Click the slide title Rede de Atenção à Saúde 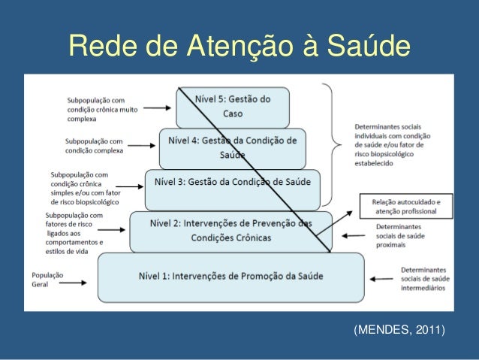coord(239,47)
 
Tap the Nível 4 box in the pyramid coord(233,147)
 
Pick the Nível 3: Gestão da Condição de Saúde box coord(232,189)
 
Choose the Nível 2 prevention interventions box coord(231,231)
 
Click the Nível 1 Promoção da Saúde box coord(231,276)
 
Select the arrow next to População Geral coord(82,276)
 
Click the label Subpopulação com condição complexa coord(94,145)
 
